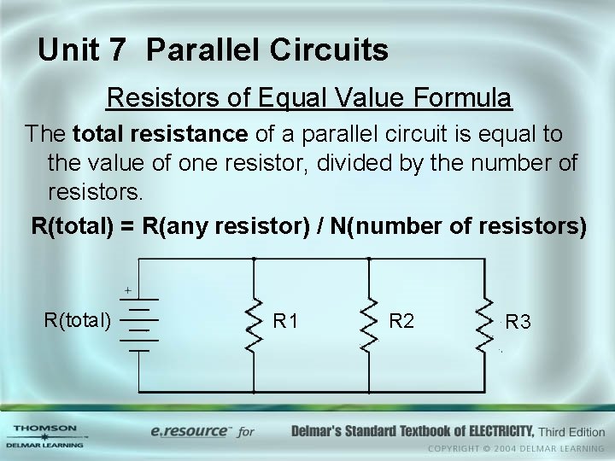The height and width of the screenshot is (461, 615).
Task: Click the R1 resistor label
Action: point(284,322)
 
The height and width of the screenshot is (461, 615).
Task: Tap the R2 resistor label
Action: point(401,321)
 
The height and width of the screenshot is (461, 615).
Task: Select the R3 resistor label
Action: point(518,322)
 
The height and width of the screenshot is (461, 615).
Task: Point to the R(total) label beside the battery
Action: point(78,320)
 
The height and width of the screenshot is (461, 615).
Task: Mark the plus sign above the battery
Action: point(127,290)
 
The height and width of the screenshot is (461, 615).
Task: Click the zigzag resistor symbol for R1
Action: point(254,325)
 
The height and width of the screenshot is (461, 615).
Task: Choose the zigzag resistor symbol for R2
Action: point(369,325)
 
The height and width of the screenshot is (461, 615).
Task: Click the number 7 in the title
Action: point(117,50)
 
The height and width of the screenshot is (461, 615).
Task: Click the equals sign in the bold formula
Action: point(128,226)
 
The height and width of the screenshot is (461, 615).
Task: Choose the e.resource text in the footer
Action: point(189,432)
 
